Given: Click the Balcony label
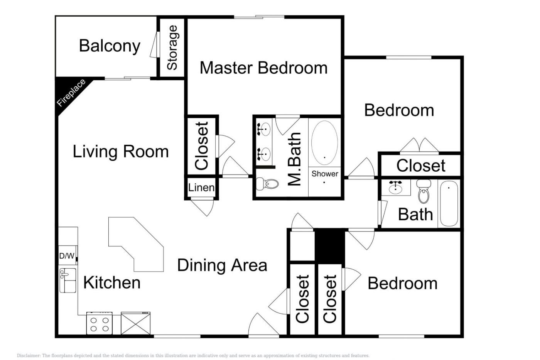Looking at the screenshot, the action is click(x=110, y=46).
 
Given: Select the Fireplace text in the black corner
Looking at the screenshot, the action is click(x=71, y=93).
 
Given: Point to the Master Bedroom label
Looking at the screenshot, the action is click(x=263, y=68).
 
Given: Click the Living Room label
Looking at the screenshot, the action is click(x=120, y=152).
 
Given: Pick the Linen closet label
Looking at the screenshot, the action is click(x=201, y=188).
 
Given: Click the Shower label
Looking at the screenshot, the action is click(x=325, y=174).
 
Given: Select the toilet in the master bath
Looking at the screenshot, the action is click(x=267, y=184).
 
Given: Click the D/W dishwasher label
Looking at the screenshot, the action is click(x=67, y=256).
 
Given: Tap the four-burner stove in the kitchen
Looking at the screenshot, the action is click(x=100, y=323).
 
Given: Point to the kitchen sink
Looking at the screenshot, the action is click(x=68, y=281).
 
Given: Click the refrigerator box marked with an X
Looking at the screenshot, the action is click(x=135, y=323).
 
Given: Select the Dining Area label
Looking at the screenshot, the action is click(x=222, y=265).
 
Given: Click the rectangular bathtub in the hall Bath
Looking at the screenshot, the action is click(x=449, y=204).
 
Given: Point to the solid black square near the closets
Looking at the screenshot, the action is click(x=330, y=245).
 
